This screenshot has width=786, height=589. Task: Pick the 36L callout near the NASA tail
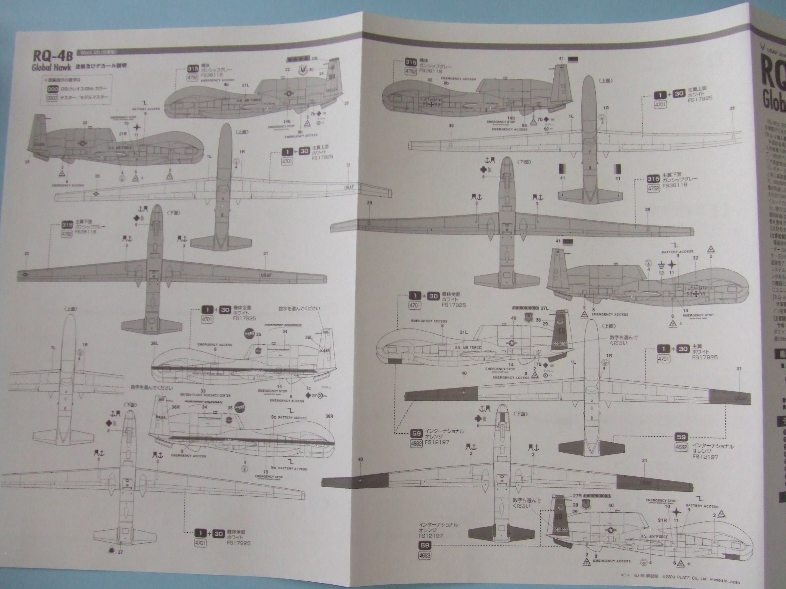[309, 338]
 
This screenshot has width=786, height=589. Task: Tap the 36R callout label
[176, 407]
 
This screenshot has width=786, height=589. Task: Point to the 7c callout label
[308, 388]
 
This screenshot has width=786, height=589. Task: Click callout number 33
[203, 391]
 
